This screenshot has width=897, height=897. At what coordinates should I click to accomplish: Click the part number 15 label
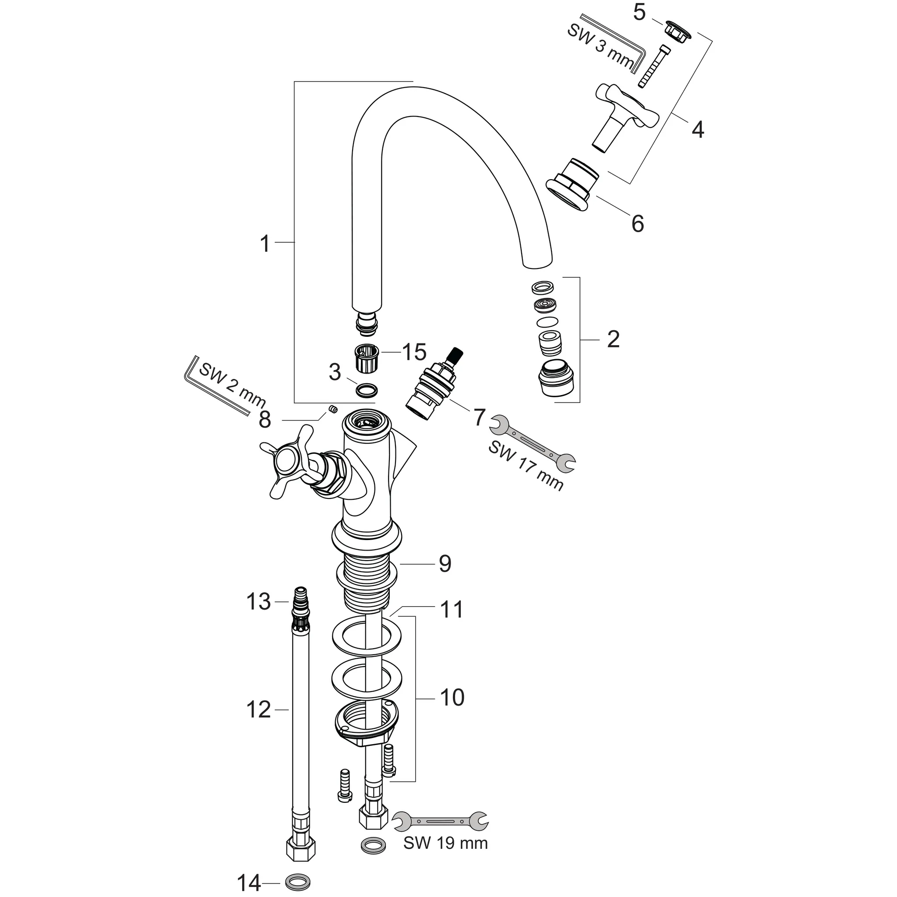point(414,353)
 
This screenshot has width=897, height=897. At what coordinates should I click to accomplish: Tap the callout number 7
point(479,417)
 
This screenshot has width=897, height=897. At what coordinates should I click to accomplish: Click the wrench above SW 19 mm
point(440,820)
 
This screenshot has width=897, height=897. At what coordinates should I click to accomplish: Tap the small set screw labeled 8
point(332,409)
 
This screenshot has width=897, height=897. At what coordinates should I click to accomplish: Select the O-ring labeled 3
point(366,390)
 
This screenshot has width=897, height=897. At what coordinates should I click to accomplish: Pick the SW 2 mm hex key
point(218,387)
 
